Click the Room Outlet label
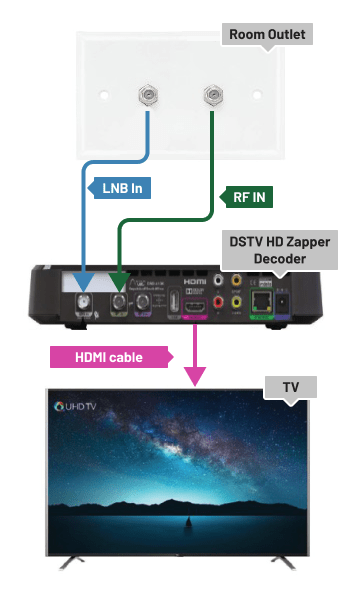[x=266, y=34]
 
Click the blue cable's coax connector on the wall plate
[x=149, y=97]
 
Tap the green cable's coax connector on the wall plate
[x=211, y=97]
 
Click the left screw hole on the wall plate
[x=104, y=98]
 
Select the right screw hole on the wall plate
[x=258, y=98]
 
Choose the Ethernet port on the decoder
[x=261, y=301]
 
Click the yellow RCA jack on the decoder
[x=237, y=282]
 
